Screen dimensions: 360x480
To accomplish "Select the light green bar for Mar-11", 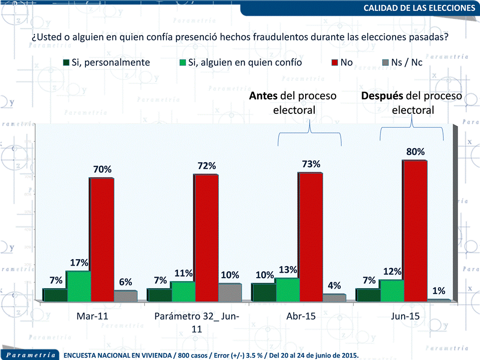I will [78, 286].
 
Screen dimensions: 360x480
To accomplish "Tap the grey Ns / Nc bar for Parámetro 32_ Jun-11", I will [230, 292].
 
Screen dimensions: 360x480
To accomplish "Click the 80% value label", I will [415, 151].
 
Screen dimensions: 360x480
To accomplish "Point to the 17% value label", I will [79, 263].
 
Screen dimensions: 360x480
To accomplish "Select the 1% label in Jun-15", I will [439, 290].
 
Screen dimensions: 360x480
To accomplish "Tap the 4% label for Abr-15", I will [334, 286].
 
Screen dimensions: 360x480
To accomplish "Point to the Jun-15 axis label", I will [405, 317].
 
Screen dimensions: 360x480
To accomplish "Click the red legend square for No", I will [334, 63].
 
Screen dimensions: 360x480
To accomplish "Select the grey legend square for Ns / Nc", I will [385, 63].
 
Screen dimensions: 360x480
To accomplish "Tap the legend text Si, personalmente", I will [111, 63].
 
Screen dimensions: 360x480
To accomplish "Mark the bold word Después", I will [382, 96].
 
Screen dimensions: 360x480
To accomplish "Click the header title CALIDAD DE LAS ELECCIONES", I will [419, 8].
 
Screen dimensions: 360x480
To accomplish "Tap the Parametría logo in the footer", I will [30, 355].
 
